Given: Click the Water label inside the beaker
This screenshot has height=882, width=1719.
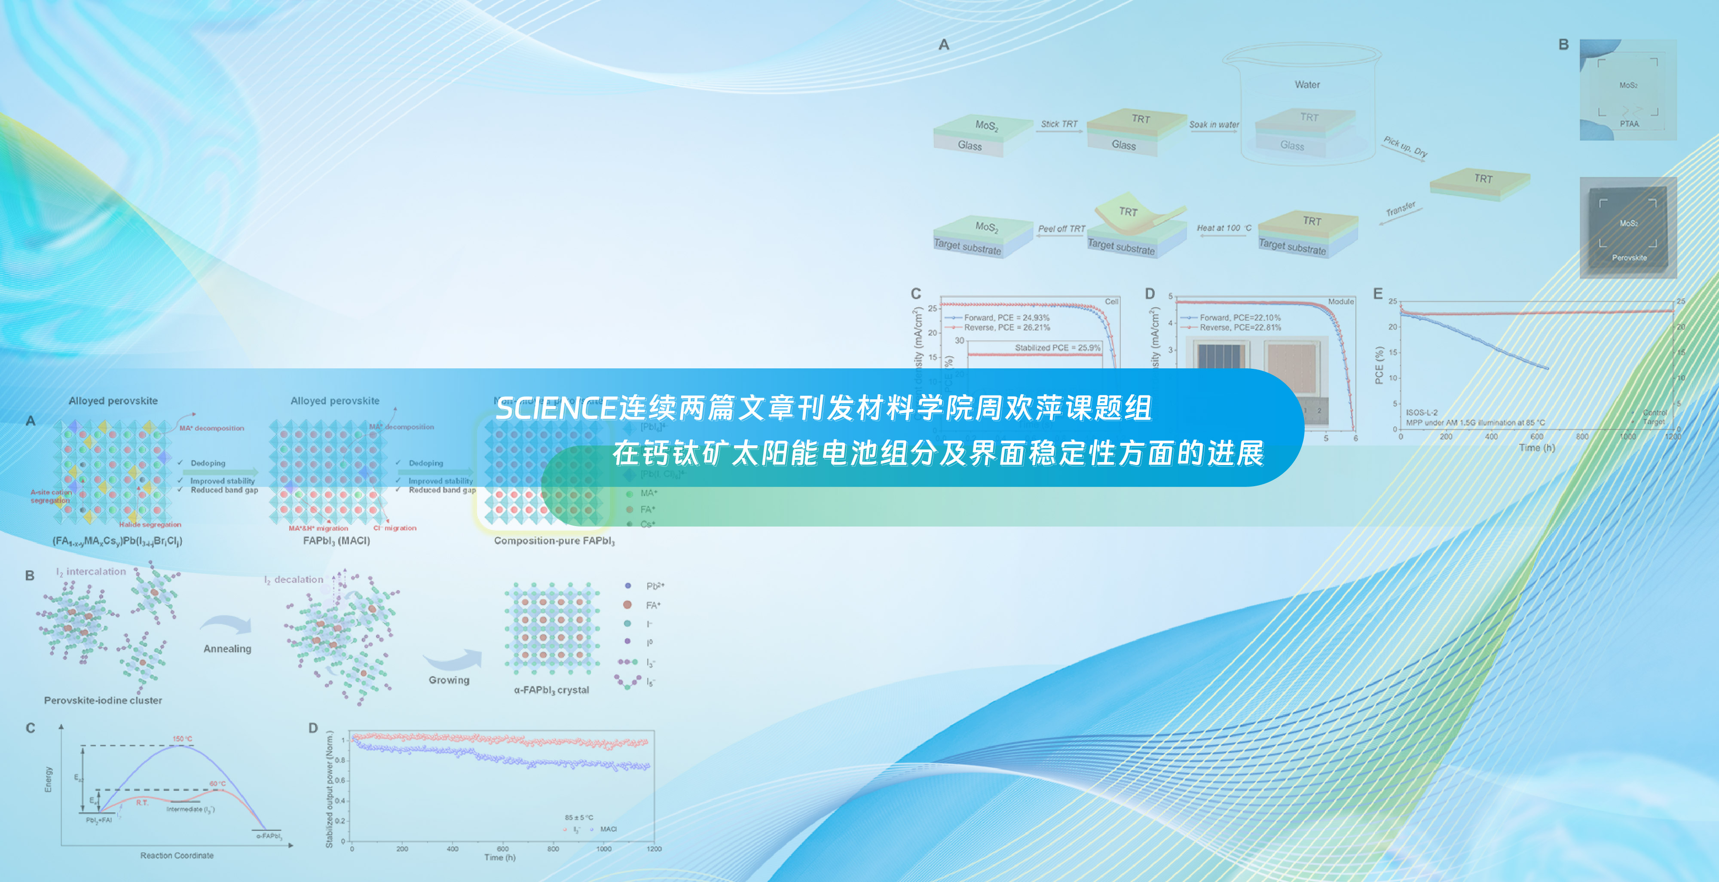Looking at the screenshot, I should [x=1306, y=85].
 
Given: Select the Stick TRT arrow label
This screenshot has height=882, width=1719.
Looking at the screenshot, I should [x=1059, y=124].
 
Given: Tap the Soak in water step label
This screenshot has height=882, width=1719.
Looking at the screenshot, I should [x=1214, y=125].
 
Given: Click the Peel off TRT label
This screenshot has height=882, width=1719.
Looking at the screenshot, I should [x=1061, y=229].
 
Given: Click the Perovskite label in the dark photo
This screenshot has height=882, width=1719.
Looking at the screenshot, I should [x=1629, y=258].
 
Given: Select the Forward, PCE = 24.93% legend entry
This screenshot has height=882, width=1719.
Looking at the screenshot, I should [x=1006, y=318].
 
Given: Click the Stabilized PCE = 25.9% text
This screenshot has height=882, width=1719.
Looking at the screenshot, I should [x=1058, y=348].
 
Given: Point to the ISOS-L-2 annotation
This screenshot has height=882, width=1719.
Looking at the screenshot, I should [x=1421, y=413].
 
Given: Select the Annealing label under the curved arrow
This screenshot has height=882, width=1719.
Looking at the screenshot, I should [x=228, y=649].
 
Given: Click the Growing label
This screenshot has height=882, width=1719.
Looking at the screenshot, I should [x=449, y=680].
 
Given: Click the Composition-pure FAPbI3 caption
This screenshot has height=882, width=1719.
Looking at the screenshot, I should [x=554, y=541].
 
